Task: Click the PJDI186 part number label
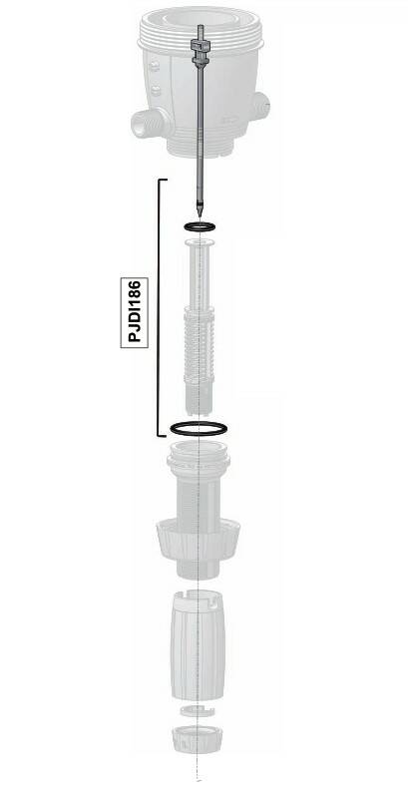[x=134, y=312]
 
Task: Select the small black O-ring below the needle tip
[x=200, y=226]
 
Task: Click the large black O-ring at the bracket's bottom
[x=199, y=428]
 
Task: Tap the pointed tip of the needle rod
[x=200, y=216]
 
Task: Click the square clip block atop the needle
[x=200, y=46]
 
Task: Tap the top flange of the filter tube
[x=200, y=243]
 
